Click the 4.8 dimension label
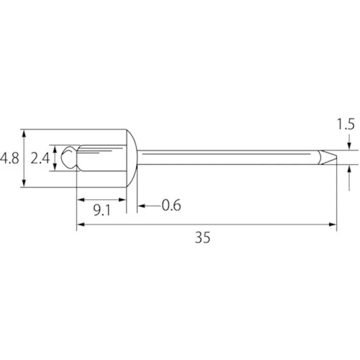(10, 158)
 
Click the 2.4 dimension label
(40, 158)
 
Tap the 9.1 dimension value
(102, 210)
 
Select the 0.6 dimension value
(171, 205)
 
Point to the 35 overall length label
(202, 237)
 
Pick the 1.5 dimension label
(346, 124)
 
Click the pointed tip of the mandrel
(336, 157)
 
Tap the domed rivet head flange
(132, 158)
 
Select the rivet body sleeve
(101, 158)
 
